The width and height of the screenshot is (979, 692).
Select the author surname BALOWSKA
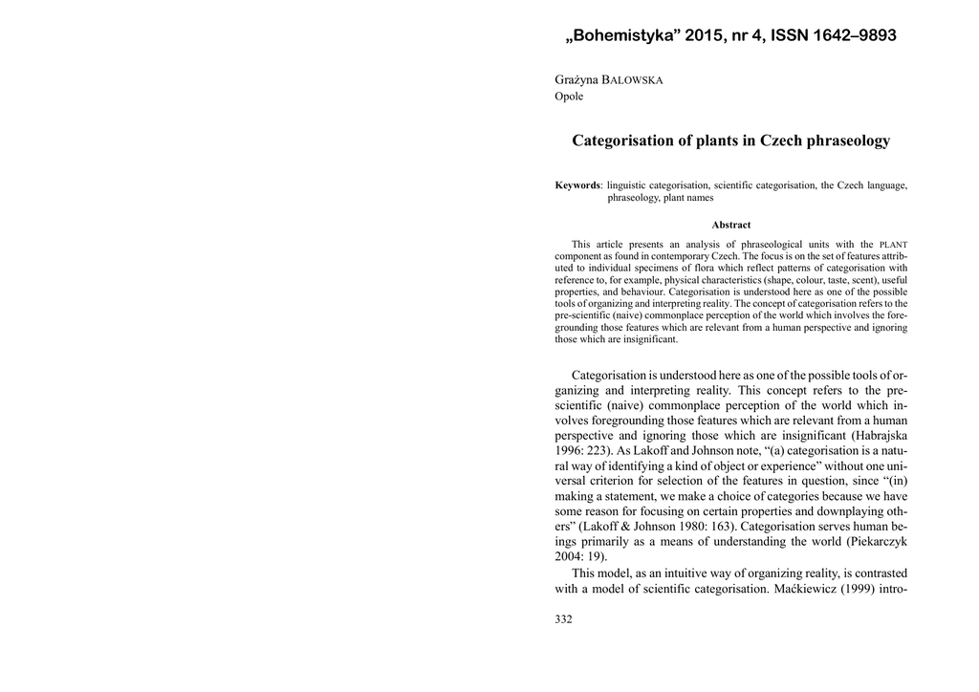[632, 79]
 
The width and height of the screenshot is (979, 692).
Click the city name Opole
[569, 97]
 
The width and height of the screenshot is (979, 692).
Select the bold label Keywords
[577, 184]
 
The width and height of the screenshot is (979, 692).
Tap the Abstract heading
[730, 225]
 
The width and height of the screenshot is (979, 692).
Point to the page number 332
[563, 619]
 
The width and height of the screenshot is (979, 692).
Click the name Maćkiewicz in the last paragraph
[809, 589]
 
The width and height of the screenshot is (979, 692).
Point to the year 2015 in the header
[704, 36]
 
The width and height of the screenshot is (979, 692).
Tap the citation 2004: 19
[579, 557]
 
